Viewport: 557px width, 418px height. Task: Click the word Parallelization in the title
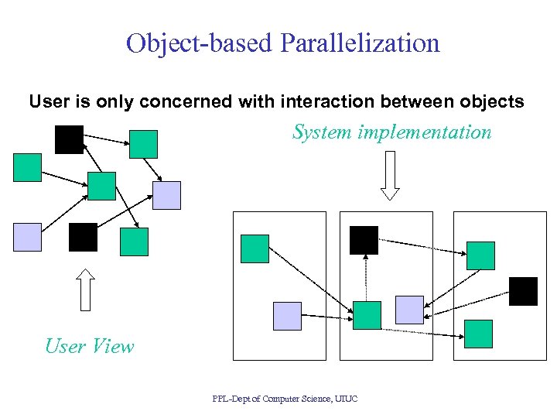click(x=361, y=43)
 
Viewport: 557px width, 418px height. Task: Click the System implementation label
click(x=391, y=132)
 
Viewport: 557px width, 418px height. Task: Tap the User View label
click(x=89, y=346)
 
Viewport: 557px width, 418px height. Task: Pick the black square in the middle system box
click(x=364, y=240)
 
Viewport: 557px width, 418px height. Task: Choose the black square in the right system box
click(x=523, y=292)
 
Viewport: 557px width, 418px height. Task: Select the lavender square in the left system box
click(x=288, y=316)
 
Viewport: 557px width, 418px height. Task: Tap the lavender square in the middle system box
click(x=409, y=310)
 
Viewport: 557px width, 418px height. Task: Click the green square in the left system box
click(x=255, y=249)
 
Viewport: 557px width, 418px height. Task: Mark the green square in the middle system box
click(x=367, y=316)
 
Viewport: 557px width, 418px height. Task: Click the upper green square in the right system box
click(x=480, y=255)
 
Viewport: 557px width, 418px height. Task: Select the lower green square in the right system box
click(x=478, y=334)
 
